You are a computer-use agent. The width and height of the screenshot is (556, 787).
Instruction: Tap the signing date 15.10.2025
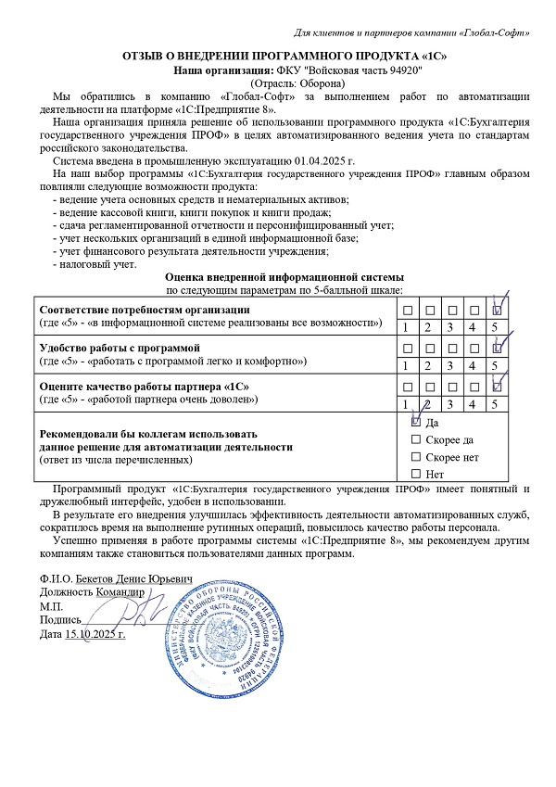(95, 634)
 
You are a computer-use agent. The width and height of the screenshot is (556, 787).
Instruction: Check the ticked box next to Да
(415, 421)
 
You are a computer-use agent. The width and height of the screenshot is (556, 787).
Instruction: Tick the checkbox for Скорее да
(415, 438)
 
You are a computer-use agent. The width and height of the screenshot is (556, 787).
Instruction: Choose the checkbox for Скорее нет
(415, 456)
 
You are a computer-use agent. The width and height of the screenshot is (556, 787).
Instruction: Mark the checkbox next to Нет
(415, 474)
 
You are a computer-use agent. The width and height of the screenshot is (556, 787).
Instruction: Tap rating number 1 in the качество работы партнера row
(405, 403)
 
